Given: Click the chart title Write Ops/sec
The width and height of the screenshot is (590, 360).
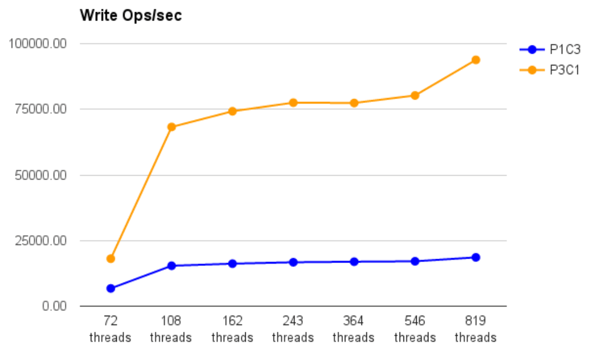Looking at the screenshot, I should click(x=131, y=16).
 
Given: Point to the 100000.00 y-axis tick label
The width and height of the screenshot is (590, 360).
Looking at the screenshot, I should click(x=38, y=43).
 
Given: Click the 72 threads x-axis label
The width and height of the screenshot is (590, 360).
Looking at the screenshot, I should click(x=110, y=329).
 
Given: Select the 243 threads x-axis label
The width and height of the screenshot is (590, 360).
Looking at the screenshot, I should click(x=293, y=329).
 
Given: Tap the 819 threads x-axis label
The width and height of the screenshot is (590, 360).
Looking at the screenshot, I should click(x=475, y=329).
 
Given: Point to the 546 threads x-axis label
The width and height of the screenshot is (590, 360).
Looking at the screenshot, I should click(x=415, y=329).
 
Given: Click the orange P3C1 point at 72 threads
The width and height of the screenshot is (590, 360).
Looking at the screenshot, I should click(x=111, y=259).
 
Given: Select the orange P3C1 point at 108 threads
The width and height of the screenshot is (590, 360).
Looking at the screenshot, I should click(x=172, y=127).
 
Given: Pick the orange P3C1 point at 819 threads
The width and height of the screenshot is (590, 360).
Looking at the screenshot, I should click(x=475, y=60).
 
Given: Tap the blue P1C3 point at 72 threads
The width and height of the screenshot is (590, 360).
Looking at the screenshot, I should click(x=111, y=289).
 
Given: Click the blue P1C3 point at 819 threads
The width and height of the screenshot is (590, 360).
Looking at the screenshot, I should click(x=475, y=258).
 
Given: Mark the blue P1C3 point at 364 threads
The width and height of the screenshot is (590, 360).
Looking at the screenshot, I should click(x=354, y=261).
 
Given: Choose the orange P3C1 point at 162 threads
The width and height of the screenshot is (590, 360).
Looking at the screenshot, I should click(x=232, y=111).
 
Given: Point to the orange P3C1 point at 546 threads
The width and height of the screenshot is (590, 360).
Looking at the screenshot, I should click(x=415, y=95).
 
